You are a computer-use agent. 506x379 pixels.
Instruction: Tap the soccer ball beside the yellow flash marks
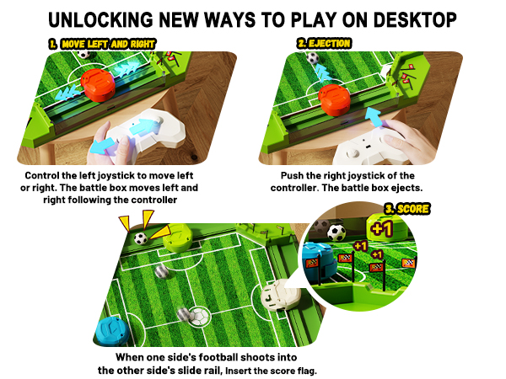click(140, 239)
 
